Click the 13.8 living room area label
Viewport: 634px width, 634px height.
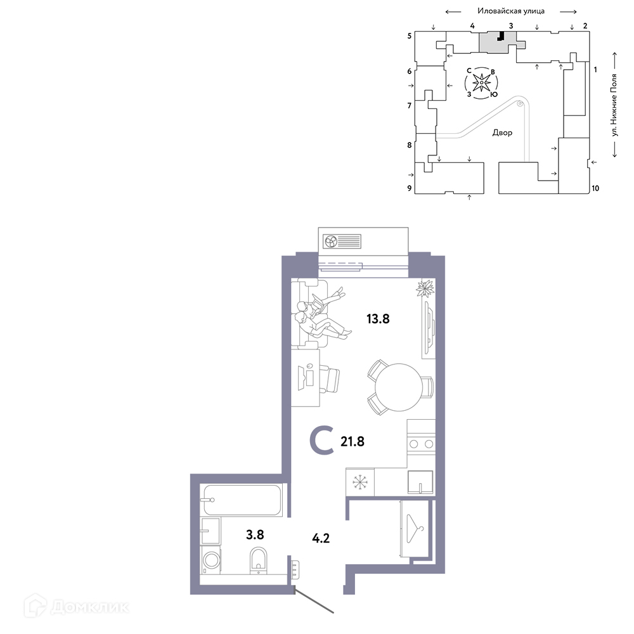point(378,319)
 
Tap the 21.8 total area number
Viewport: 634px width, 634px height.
point(352,441)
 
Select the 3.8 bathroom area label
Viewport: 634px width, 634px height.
point(255,535)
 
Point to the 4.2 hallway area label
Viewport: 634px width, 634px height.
point(321,538)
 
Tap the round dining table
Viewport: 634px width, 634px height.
point(399,387)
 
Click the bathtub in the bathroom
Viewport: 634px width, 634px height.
point(242,500)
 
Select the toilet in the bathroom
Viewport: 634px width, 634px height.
point(259,559)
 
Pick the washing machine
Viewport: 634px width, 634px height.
point(210,560)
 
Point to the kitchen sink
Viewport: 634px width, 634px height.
point(420,482)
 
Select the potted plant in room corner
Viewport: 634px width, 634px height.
point(425,289)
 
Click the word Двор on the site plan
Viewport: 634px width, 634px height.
point(502,133)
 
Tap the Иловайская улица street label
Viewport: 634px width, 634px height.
point(511,11)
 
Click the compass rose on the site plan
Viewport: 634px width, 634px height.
point(481,83)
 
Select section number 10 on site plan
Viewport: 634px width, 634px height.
point(595,188)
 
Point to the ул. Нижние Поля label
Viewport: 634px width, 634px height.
point(614,105)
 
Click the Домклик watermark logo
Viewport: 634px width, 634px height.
point(77,607)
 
